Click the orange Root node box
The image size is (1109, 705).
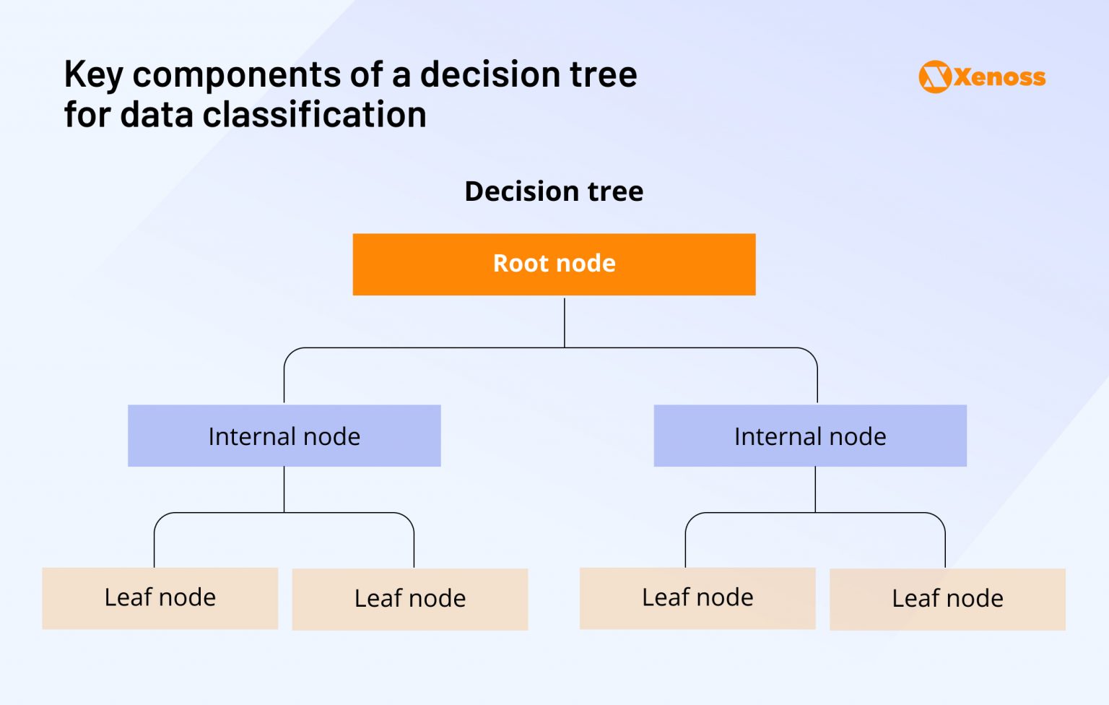pos(554,264)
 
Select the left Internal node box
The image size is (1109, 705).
pos(284,436)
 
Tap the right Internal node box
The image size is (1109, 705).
pos(809,436)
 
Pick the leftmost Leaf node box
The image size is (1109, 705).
pos(160,598)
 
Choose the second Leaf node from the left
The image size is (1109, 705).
pos(409,599)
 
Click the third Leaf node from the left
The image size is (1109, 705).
pos(697,598)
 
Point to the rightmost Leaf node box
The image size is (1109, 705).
pos(947,599)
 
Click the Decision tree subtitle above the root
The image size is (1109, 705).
pos(554,191)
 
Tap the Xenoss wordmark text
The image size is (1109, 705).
pos(999,77)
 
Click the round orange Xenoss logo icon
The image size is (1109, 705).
pos(934,77)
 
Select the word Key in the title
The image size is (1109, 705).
pos(93,75)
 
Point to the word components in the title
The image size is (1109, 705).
pos(236,75)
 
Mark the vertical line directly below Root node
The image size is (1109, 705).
pos(565,321)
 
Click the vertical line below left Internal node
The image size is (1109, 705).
pos(284,489)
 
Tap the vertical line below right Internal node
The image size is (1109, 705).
pos(815,489)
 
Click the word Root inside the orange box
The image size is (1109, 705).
pos(520,264)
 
